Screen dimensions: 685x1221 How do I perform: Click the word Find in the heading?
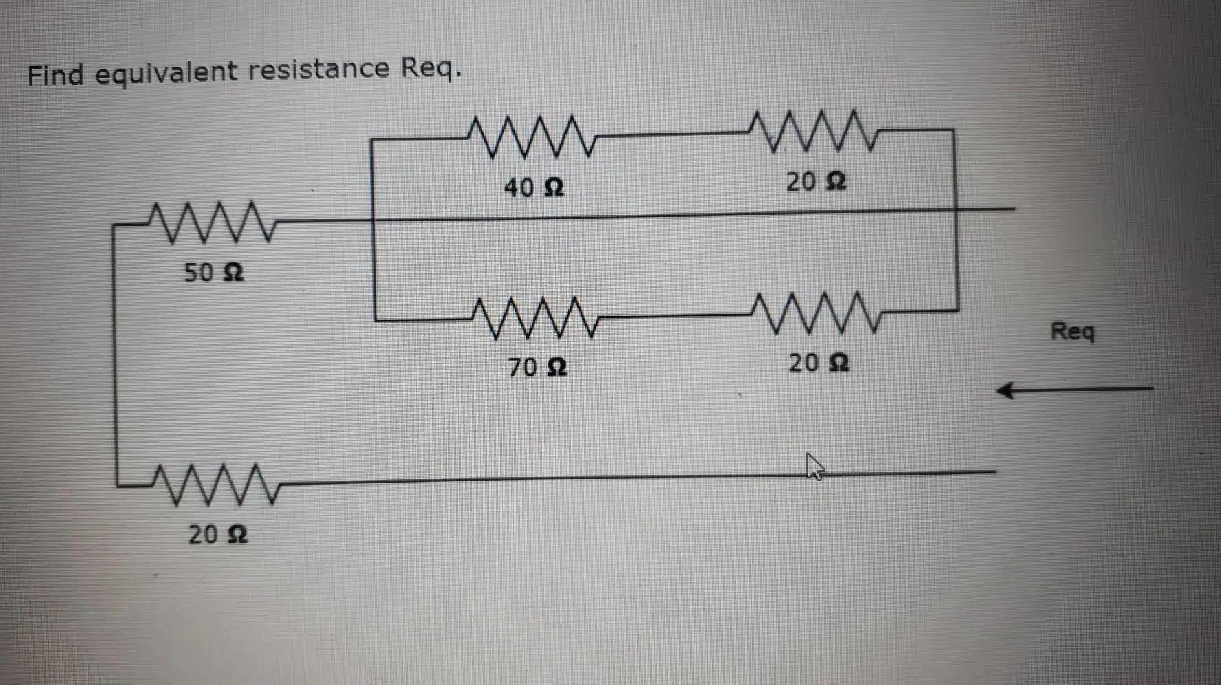click(x=56, y=74)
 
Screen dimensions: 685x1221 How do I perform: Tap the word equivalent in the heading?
click(x=165, y=73)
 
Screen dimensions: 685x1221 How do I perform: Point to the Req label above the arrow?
click(x=1072, y=332)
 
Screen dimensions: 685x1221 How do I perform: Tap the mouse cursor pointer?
click(x=814, y=466)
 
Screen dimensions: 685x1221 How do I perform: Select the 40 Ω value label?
click(x=534, y=187)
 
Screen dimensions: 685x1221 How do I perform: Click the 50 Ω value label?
click(x=213, y=272)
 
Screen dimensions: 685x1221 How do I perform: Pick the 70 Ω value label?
click(x=537, y=367)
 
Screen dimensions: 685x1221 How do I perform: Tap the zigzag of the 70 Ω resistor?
click(x=535, y=318)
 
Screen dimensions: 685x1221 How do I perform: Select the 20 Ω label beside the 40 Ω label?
click(x=816, y=182)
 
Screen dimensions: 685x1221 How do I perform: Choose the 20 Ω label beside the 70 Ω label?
click(x=819, y=362)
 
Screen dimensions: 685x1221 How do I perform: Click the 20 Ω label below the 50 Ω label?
click(x=217, y=534)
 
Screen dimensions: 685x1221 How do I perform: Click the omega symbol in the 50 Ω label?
click(x=234, y=273)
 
